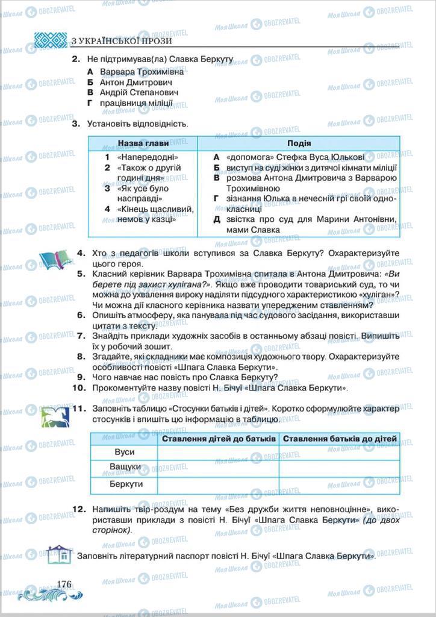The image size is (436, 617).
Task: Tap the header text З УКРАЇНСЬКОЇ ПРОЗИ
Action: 121,41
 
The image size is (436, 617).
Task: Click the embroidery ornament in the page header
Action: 50,40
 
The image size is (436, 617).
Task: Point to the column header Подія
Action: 299,143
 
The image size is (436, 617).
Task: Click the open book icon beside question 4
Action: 55,259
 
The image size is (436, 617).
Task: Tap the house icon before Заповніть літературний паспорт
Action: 59,553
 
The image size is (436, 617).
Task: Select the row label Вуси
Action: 124,452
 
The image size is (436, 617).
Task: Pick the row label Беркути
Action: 124,484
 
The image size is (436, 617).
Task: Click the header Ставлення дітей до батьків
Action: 218,438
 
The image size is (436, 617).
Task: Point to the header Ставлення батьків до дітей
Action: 340,438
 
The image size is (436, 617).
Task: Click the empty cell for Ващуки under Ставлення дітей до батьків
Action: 218,468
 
